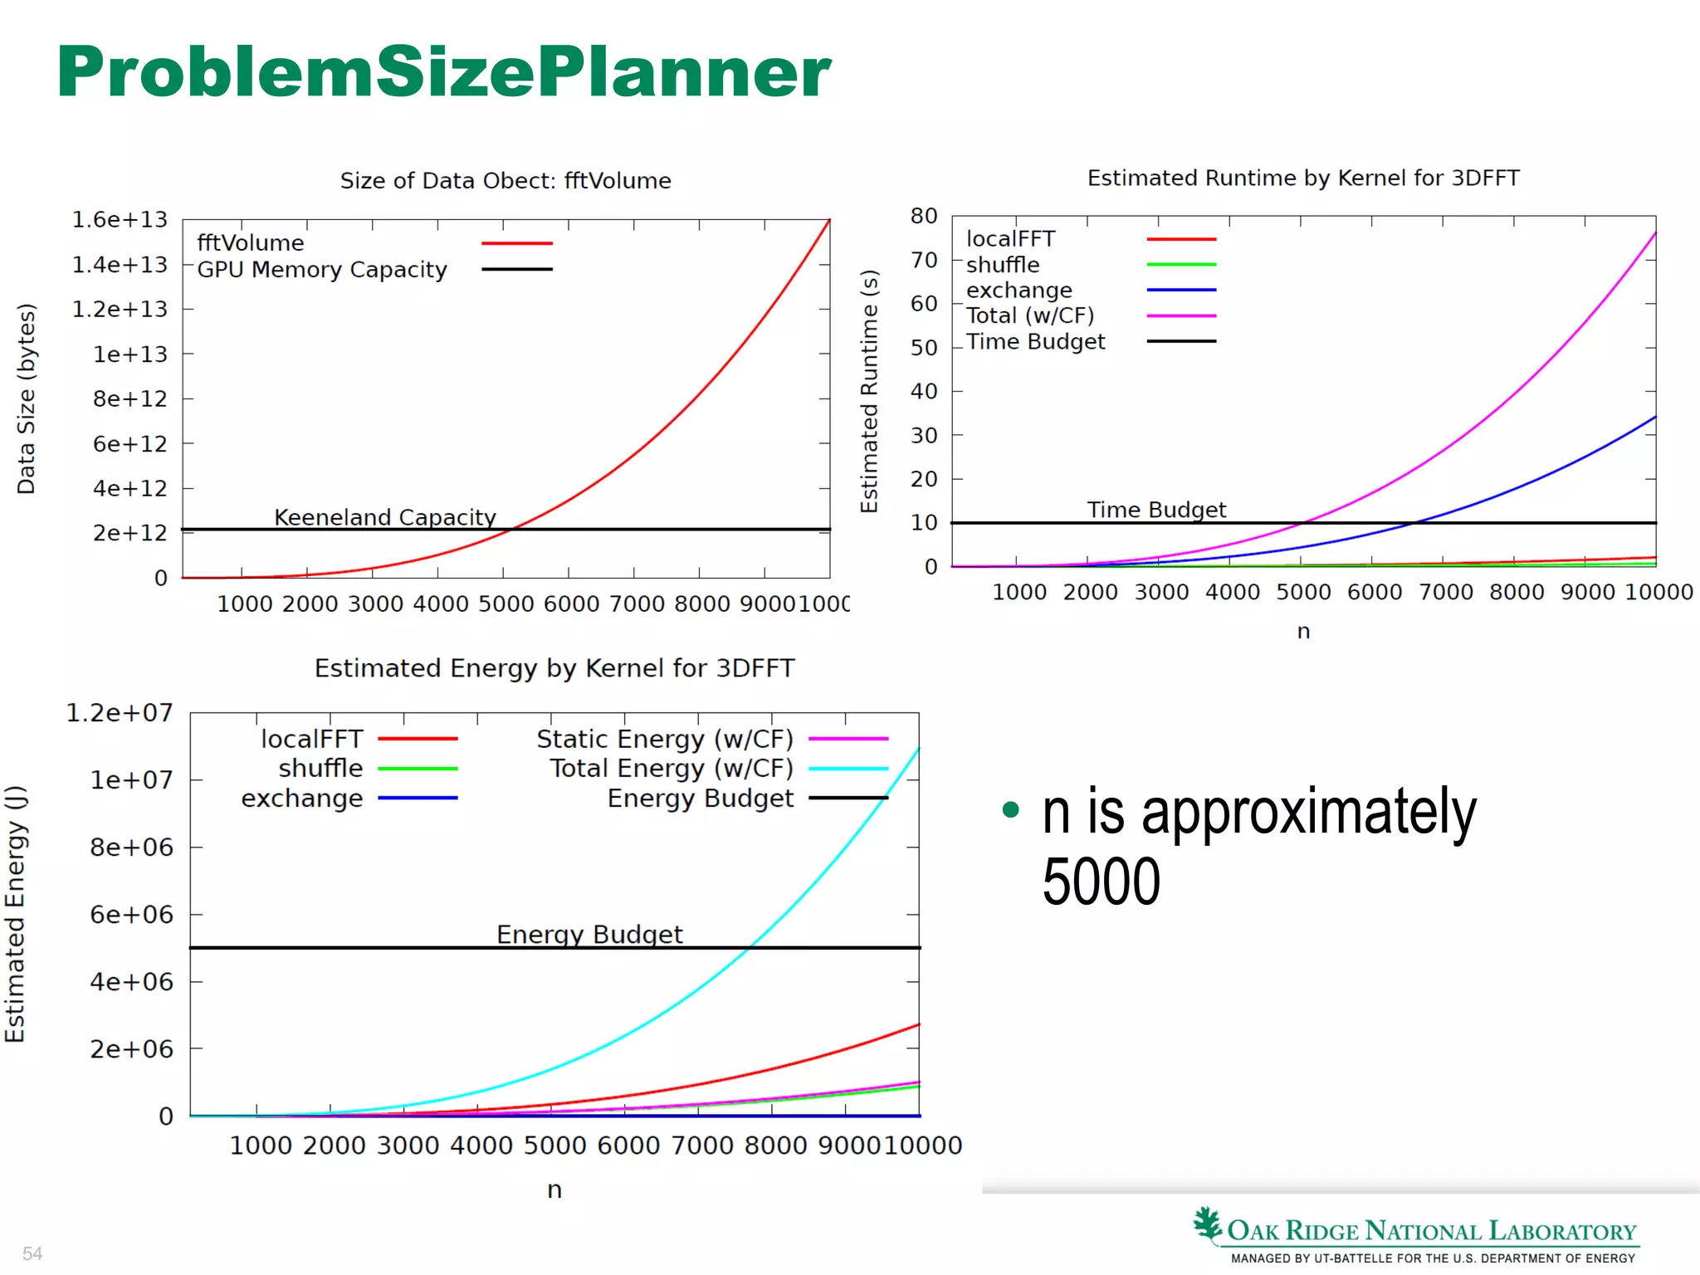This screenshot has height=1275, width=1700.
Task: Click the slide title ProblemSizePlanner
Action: [x=444, y=72]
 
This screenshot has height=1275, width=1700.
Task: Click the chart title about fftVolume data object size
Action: [x=506, y=181]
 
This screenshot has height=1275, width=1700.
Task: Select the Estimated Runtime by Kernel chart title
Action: [x=1303, y=178]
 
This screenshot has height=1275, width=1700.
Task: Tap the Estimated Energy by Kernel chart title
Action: [x=554, y=668]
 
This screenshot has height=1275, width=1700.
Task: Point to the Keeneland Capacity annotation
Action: [x=385, y=517]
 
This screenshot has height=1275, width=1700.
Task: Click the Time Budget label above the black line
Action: [x=1156, y=510]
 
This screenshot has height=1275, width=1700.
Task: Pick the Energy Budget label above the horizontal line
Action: [x=589, y=935]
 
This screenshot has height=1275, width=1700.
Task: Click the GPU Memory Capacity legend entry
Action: [x=322, y=270]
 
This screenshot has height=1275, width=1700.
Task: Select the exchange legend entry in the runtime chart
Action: [x=1019, y=291]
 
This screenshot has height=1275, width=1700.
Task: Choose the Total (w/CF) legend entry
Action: [x=1030, y=316]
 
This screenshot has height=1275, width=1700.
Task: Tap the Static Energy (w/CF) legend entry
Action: [x=665, y=739]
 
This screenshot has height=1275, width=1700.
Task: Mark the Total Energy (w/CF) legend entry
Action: [x=671, y=769]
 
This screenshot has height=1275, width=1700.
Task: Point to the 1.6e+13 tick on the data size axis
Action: [x=120, y=220]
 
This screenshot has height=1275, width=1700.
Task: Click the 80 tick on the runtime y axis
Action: [x=924, y=217]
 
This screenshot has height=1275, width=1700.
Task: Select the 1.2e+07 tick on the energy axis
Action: [x=120, y=713]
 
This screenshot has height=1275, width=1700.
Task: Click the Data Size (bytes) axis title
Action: [x=27, y=399]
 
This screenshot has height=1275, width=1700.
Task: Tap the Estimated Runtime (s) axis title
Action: [x=869, y=391]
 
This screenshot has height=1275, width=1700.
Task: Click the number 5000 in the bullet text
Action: [x=1102, y=882]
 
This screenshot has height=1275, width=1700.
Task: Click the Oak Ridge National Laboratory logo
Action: [x=1416, y=1233]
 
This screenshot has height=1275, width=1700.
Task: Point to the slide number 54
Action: [x=32, y=1253]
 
